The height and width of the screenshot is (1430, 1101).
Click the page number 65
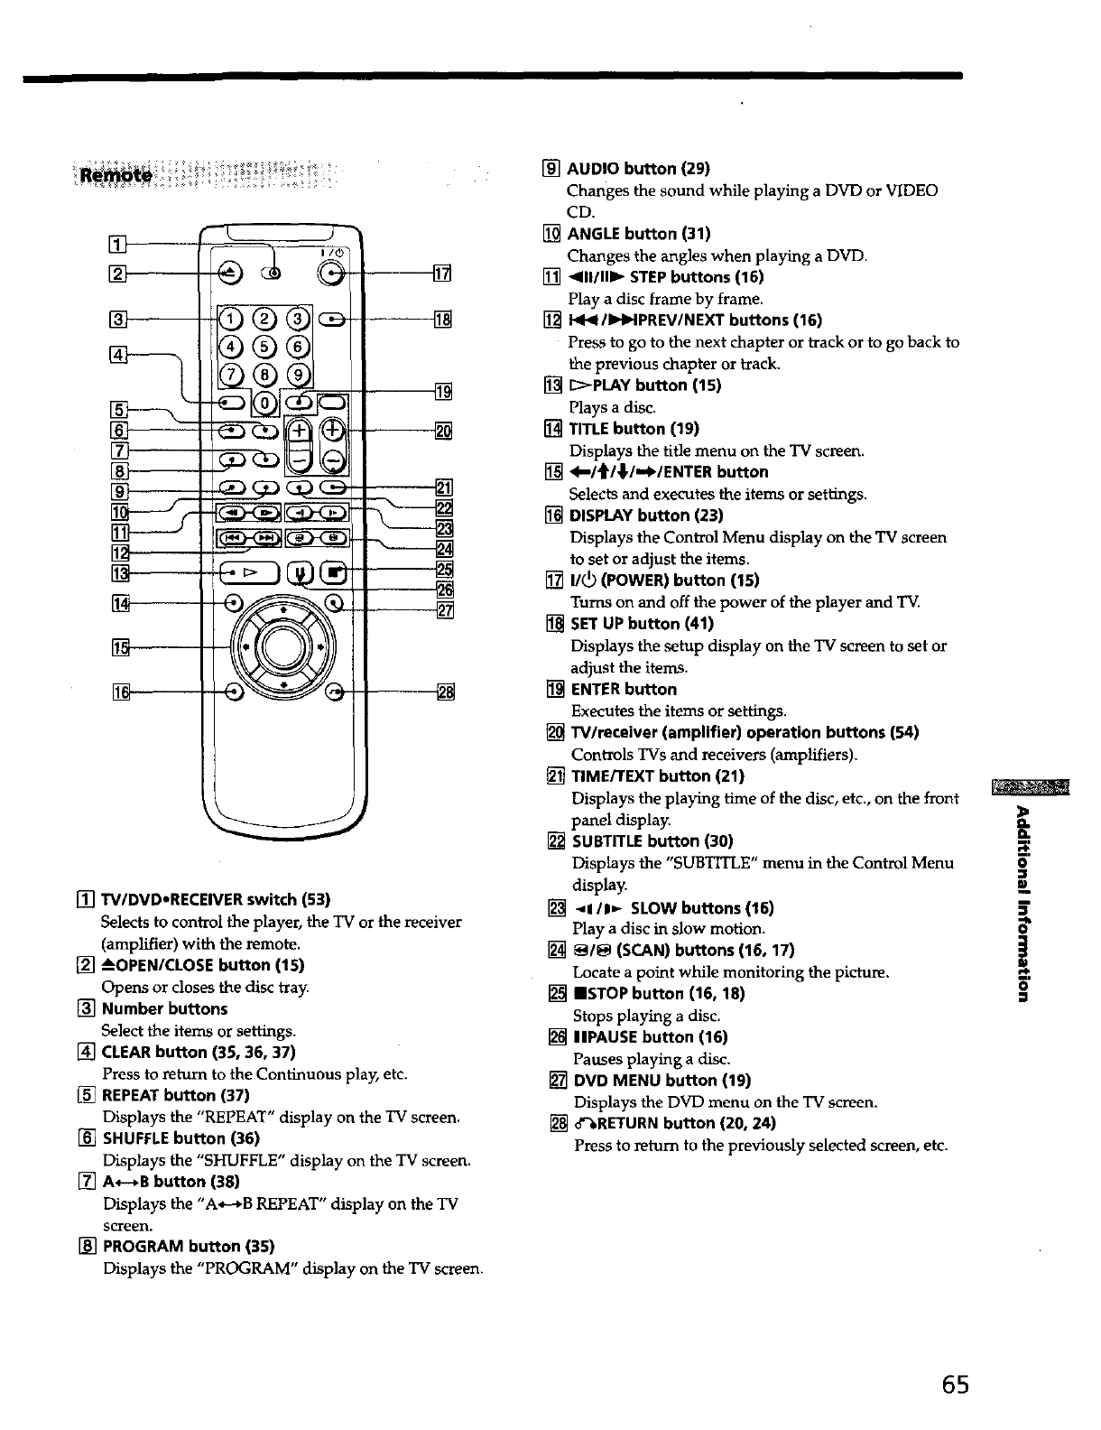951,1385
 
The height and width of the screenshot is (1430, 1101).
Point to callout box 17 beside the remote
442,274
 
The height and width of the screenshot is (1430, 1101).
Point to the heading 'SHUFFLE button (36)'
181,1138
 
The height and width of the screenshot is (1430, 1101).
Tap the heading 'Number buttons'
164,1008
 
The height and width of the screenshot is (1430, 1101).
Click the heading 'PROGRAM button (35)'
190,1247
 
